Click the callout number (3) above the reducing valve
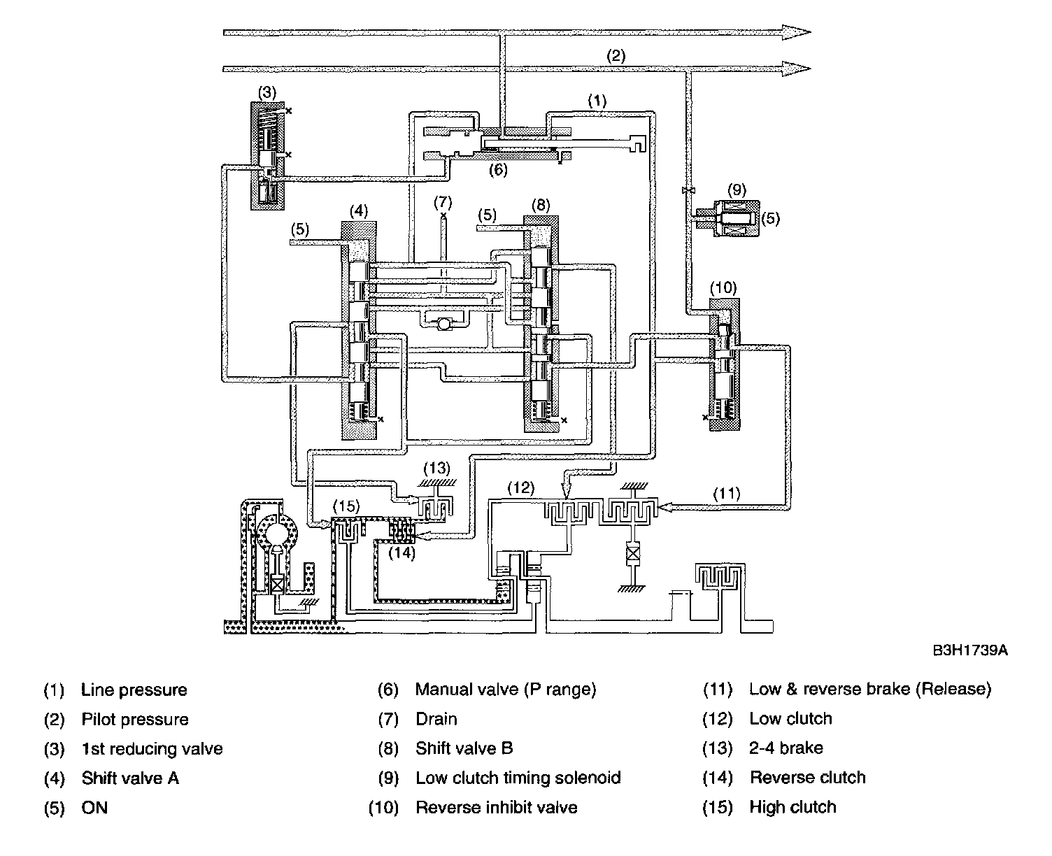pos(267,92)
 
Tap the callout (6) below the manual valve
pos(497,170)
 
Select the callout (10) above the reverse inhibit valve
pos(723,287)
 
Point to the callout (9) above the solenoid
pos(737,189)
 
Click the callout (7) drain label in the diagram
pos(443,203)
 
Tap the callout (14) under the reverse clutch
pos(402,552)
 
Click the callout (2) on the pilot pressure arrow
pos(615,56)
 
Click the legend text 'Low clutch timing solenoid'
pos(518,778)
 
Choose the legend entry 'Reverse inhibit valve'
pos(496,808)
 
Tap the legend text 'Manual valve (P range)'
pos(505,690)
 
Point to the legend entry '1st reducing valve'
pos(152,749)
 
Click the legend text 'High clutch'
pos(792,808)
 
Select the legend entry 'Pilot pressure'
pos(135,720)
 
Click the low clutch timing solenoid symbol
pos(727,218)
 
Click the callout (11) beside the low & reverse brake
pos(727,493)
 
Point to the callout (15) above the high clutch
pos(346,505)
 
